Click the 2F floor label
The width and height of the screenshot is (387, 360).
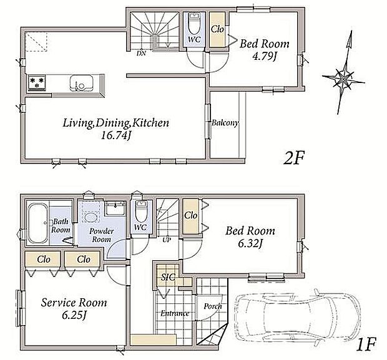pyautogui.click(x=294, y=158)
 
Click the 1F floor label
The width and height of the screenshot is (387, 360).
pyautogui.click(x=366, y=344)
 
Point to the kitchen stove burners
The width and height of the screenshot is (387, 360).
pyautogui.click(x=37, y=82)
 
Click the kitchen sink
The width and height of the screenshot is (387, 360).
pyautogui.click(x=81, y=82)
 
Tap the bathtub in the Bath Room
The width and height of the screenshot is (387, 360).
pyautogui.click(x=37, y=223)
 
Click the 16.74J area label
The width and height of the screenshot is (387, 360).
pyautogui.click(x=115, y=135)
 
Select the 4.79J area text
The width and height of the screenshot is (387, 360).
pyautogui.click(x=264, y=57)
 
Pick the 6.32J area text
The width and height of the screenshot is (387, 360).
pyautogui.click(x=250, y=243)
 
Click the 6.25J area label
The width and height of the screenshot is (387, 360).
pyautogui.click(x=74, y=315)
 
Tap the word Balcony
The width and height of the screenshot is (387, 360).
pyautogui.click(x=225, y=123)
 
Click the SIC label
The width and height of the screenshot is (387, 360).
pyautogui.click(x=168, y=278)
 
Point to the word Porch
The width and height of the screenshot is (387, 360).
pyautogui.click(x=213, y=306)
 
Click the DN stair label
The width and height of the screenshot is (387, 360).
pyautogui.click(x=141, y=53)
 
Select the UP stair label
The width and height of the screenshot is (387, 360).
pyautogui.click(x=167, y=240)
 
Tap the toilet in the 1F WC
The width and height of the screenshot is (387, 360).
pyautogui.click(x=141, y=212)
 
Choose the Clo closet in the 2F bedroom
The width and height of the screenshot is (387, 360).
pyautogui.click(x=217, y=29)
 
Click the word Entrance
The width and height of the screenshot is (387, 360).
pyautogui.click(x=175, y=313)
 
